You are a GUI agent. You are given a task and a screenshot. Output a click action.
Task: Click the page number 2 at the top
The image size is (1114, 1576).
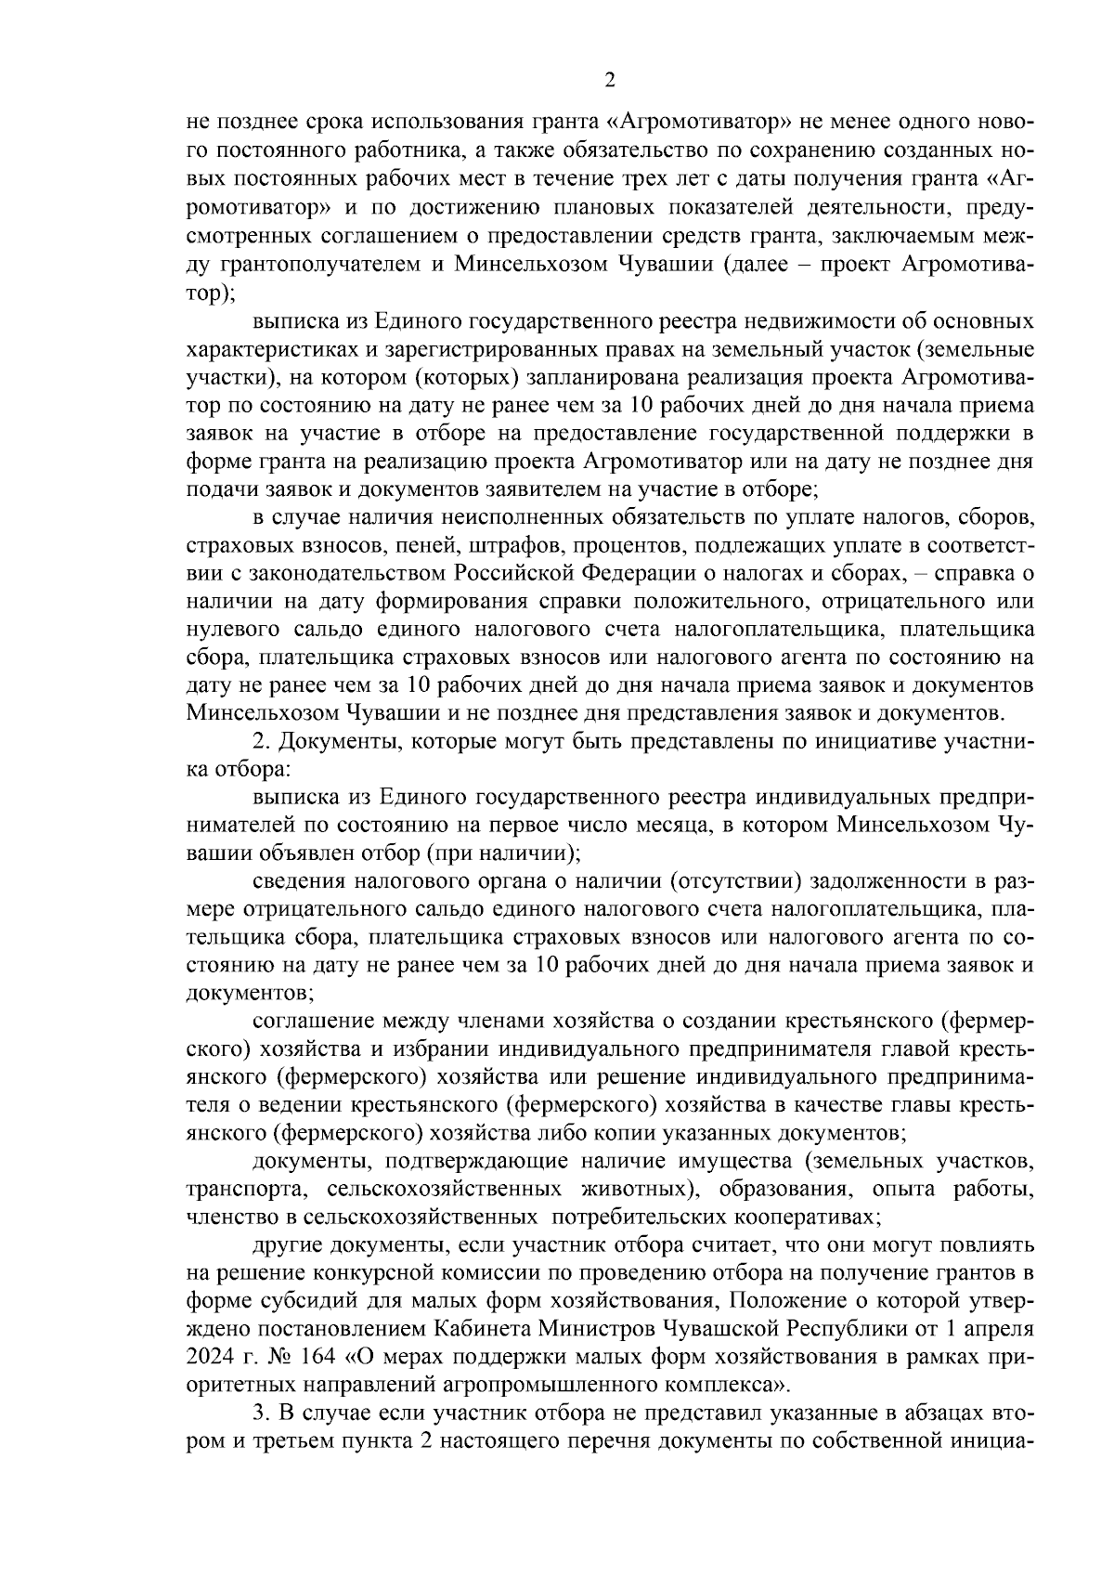pyautogui.click(x=610, y=81)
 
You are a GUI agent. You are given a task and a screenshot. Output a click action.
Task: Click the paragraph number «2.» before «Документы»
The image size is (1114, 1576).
pyautogui.click(x=261, y=741)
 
